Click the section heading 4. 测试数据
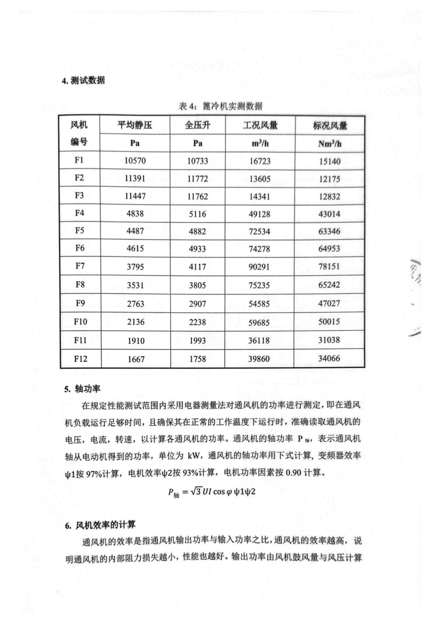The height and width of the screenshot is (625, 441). coord(83,81)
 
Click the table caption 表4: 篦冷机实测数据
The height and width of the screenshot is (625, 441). coord(220,107)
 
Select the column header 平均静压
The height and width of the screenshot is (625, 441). coord(135,125)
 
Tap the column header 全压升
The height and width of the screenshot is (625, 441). coord(198,125)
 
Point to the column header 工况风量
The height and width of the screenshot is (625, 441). coord(260,125)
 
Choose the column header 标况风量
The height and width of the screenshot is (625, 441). coord(330,126)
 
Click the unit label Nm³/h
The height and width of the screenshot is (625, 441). coord(330,144)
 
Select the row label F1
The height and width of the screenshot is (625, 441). coord(79,160)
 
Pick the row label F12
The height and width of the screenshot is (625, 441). coord(80,359)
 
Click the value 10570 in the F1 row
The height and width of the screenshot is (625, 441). coord(135,161)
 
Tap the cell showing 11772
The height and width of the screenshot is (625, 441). coord(198,179)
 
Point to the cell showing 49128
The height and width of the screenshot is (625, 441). coord(260,214)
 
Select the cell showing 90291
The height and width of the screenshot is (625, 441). coord(260,267)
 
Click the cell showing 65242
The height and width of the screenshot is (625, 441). coord(329,285)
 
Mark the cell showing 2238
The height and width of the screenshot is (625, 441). coord(198,322)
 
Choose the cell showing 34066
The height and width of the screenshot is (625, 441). coord(329,359)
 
